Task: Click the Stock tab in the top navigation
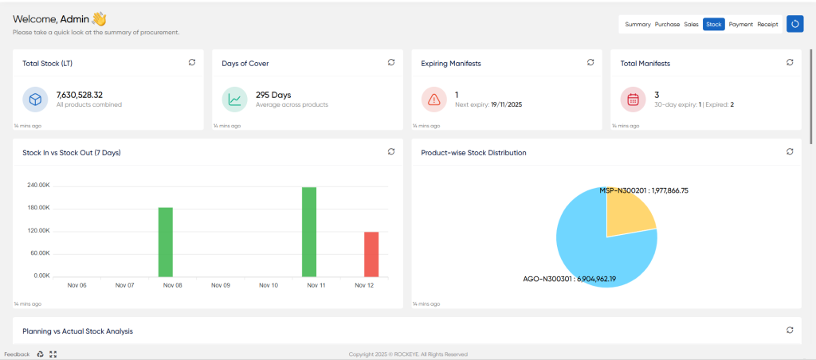coord(713,24)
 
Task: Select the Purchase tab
coord(667,24)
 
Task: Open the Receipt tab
coord(767,24)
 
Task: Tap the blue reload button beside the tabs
coord(794,24)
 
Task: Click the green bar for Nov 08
coord(166,242)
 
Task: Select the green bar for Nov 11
coord(309,232)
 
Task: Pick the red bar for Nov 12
coord(371,254)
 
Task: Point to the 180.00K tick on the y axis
coord(38,208)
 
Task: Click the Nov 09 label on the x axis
coord(220,286)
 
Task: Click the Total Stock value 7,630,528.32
coord(79,95)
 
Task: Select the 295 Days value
coord(273,95)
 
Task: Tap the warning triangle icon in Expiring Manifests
coord(433,100)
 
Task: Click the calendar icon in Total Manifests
coord(633,100)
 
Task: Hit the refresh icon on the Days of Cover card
coord(391,62)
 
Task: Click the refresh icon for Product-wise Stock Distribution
coord(790,151)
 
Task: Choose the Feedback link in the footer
coord(18,354)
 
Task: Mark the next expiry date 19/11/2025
coord(506,104)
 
